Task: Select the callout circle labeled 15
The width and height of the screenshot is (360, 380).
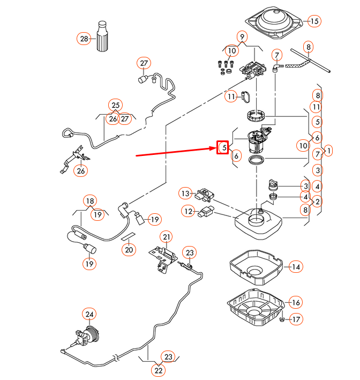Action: pyautogui.click(x=314, y=21)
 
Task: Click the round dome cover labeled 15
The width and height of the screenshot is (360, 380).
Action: pyautogui.click(x=274, y=23)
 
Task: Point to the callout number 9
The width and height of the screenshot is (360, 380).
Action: pyautogui.click(x=242, y=37)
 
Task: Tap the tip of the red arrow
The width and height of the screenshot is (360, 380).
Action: pyautogui.click(x=215, y=148)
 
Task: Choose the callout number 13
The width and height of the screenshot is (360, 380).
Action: pyautogui.click(x=185, y=193)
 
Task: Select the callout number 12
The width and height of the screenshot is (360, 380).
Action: pyautogui.click(x=187, y=212)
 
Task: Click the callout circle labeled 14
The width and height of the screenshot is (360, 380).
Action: pyautogui.click(x=296, y=266)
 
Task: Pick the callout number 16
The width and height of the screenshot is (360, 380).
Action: pyautogui.click(x=295, y=302)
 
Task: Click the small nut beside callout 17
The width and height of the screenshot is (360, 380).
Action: pyautogui.click(x=282, y=320)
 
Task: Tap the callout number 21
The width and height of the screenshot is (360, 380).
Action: pyautogui.click(x=167, y=237)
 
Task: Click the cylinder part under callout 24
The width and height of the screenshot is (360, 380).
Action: pyautogui.click(x=92, y=335)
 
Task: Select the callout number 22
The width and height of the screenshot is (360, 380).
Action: pyautogui.click(x=158, y=370)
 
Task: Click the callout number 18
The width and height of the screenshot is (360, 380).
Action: pyautogui.click(x=89, y=201)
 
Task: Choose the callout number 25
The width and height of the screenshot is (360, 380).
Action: pyautogui.click(x=115, y=105)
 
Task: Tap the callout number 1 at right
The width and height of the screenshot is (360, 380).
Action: pyautogui.click(x=328, y=151)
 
